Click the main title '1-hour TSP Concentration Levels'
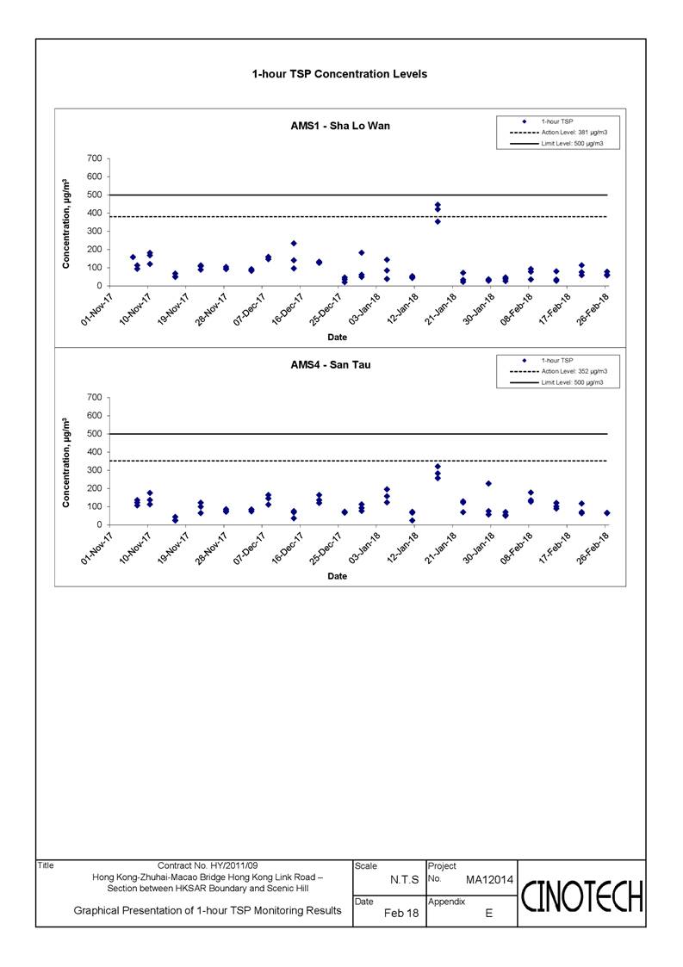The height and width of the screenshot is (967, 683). coord(339,74)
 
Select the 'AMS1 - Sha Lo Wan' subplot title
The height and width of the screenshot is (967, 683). coord(340,126)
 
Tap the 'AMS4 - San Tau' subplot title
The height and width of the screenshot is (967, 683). coord(331,365)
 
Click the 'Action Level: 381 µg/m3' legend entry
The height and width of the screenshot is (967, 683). coord(559,133)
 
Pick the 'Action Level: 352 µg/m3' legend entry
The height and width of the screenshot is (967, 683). coord(559,371)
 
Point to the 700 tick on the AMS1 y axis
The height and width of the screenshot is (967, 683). coord(95,158)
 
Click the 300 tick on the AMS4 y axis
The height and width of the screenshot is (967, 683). coord(95,470)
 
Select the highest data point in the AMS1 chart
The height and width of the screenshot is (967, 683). coord(438,205)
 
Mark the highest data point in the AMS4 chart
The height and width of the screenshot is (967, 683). coord(438,466)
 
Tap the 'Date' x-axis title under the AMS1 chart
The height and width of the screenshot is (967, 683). coord(337,338)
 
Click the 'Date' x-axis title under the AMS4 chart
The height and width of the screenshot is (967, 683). coord(337,576)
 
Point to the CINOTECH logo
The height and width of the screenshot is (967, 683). coord(582,896)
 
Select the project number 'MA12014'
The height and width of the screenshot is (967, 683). coord(489,880)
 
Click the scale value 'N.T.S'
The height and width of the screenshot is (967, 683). coord(404,880)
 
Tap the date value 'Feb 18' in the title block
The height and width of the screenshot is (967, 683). coord(401,914)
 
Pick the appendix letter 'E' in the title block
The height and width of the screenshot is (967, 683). coord(488,914)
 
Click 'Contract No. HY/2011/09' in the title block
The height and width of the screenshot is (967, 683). coord(208,866)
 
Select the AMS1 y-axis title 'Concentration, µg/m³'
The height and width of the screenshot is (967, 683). coord(66,224)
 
